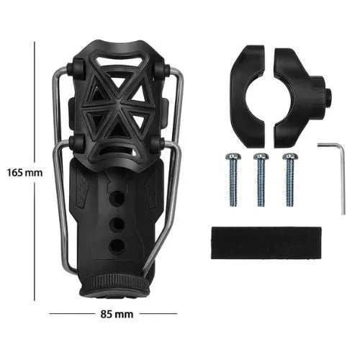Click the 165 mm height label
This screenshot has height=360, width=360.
click(x=24, y=173)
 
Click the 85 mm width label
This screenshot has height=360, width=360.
click(x=117, y=314)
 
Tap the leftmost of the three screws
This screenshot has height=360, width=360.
click(x=232, y=179)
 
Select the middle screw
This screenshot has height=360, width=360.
click(x=261, y=179)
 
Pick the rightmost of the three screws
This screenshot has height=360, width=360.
click(x=290, y=179)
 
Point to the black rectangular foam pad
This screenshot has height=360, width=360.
click(x=266, y=243)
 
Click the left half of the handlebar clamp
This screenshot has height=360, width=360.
click(x=247, y=96)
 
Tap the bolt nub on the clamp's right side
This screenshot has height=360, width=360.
click(x=328, y=96)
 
